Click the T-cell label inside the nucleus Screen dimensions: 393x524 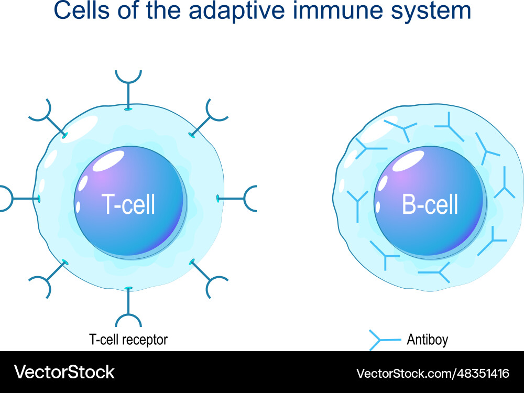point(129,204)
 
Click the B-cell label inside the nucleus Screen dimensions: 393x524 point(430,204)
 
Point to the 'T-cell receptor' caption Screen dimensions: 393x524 point(128,340)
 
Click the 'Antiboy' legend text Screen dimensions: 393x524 point(427,340)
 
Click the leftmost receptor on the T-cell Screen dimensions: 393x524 point(16,199)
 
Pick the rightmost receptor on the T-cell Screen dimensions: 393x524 point(241,199)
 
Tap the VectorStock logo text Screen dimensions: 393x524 point(64,372)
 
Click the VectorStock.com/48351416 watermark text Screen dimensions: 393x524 point(433,373)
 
